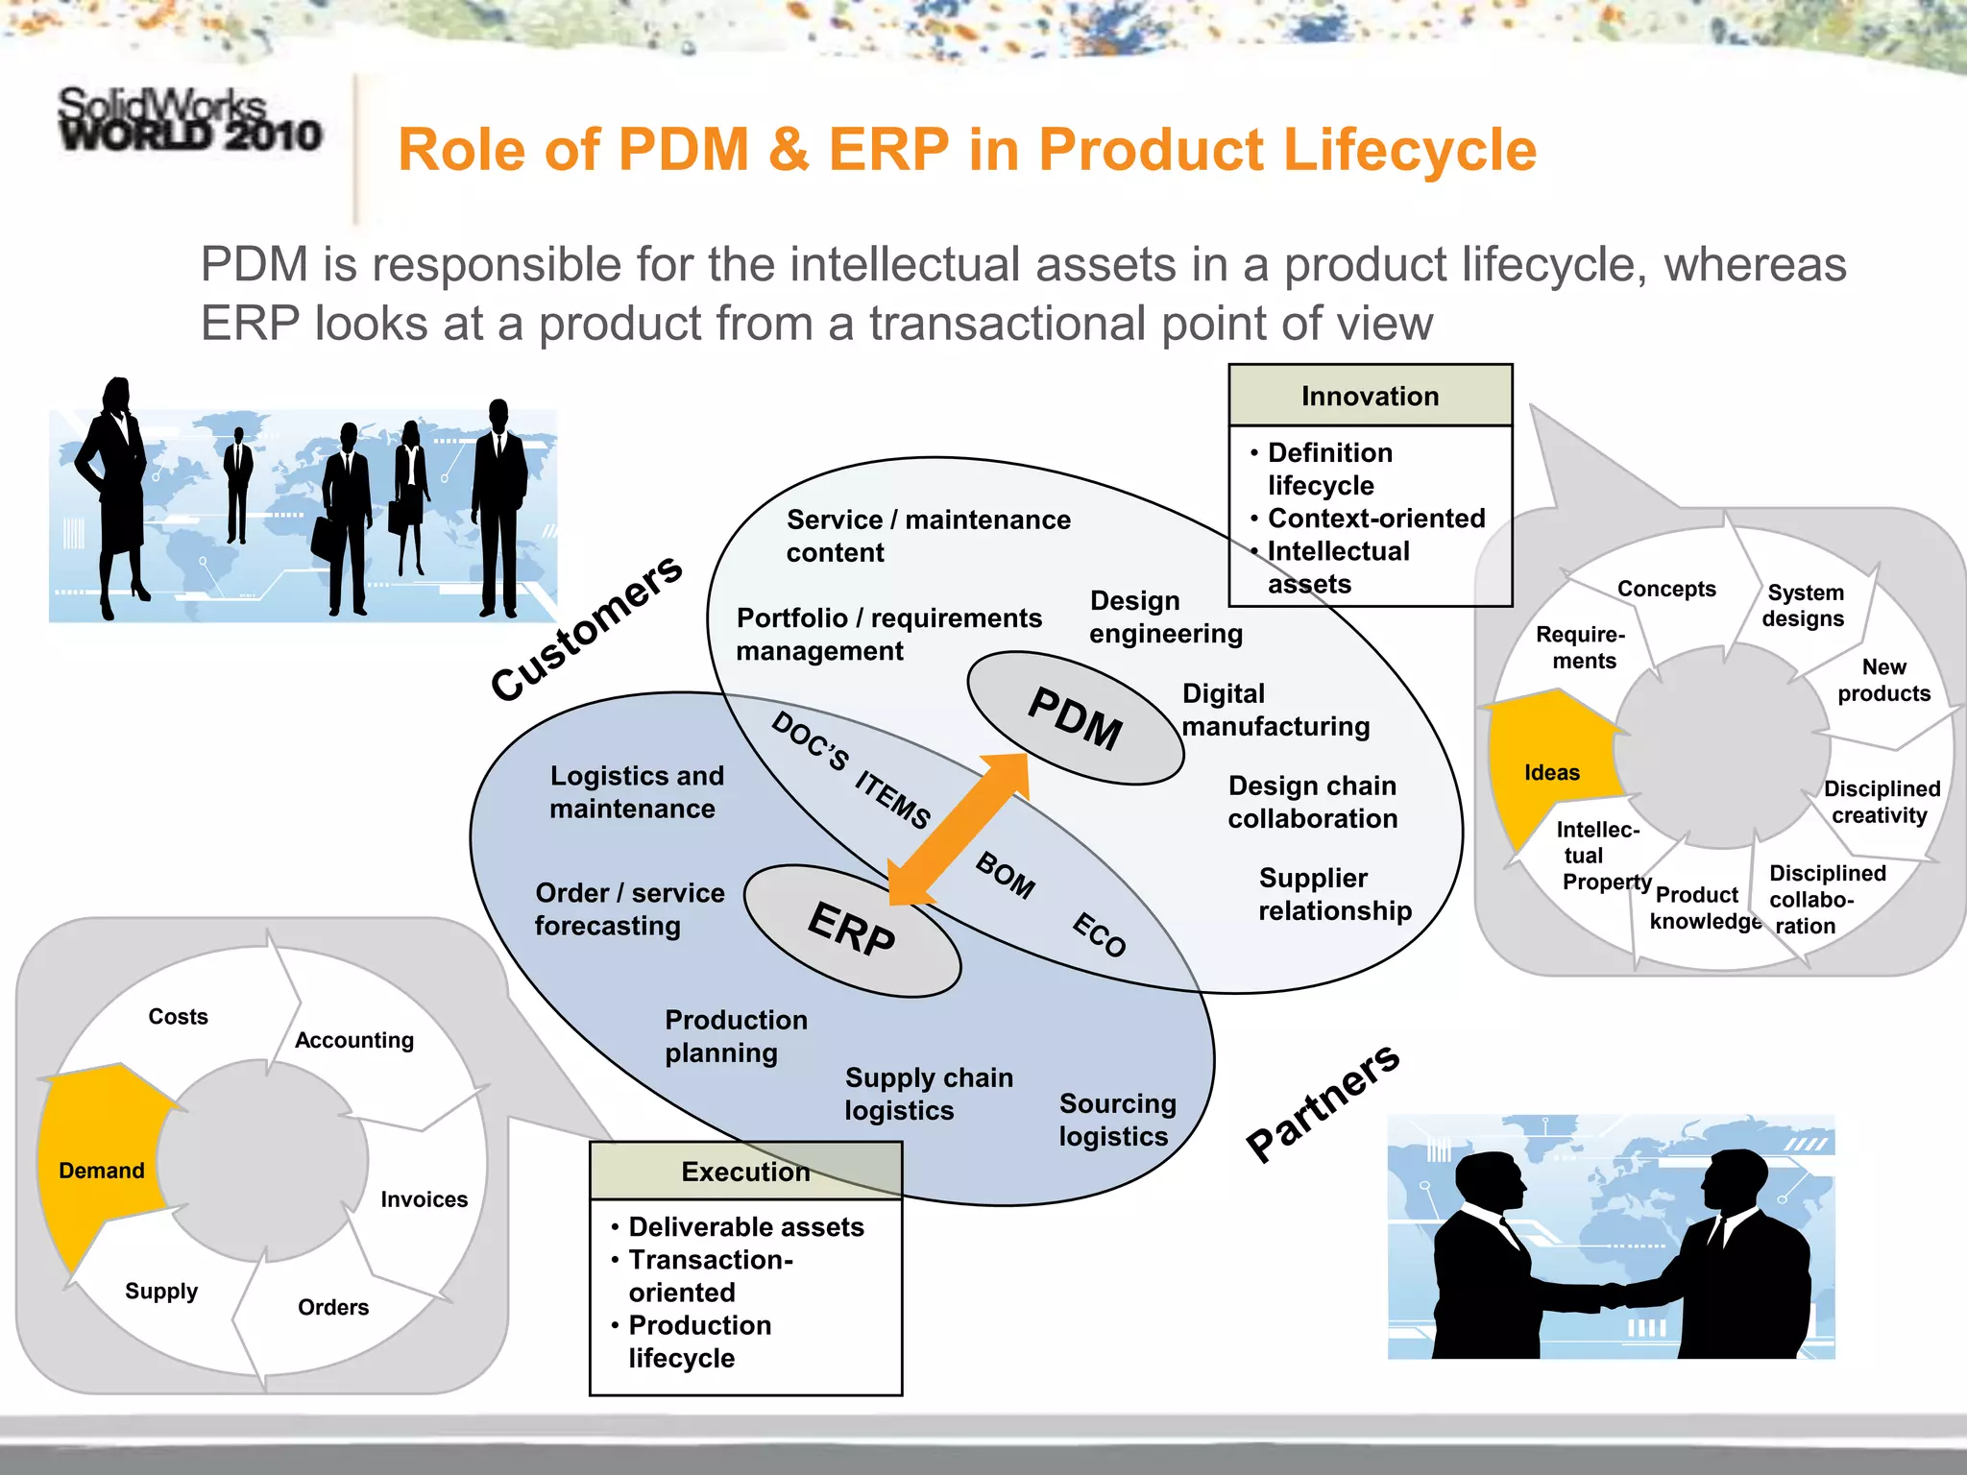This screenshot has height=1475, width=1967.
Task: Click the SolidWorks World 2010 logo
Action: pyautogui.click(x=189, y=120)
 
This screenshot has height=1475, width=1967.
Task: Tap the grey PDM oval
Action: pyautogui.click(x=1075, y=718)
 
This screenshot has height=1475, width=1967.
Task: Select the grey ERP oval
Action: pyautogui.click(x=852, y=931)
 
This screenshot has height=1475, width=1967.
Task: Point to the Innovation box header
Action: pyautogui.click(x=1370, y=396)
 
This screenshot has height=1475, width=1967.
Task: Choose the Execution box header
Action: pyautogui.click(x=745, y=1172)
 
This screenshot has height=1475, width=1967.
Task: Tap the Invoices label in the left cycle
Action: pyautogui.click(x=424, y=1199)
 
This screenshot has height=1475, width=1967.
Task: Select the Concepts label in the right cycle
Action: pyautogui.click(x=1666, y=589)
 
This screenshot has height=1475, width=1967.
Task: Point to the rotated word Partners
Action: pyautogui.click(x=1323, y=1102)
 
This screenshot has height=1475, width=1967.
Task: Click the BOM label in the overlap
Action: pyautogui.click(x=1006, y=875)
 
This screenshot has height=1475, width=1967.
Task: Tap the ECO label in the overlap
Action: pyautogui.click(x=1099, y=934)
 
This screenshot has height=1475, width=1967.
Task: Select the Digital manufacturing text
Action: pyautogui.click(x=1275, y=710)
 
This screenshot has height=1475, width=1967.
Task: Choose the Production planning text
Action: pyautogui.click(x=736, y=1036)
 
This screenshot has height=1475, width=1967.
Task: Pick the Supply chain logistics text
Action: pyautogui.click(x=928, y=1094)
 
